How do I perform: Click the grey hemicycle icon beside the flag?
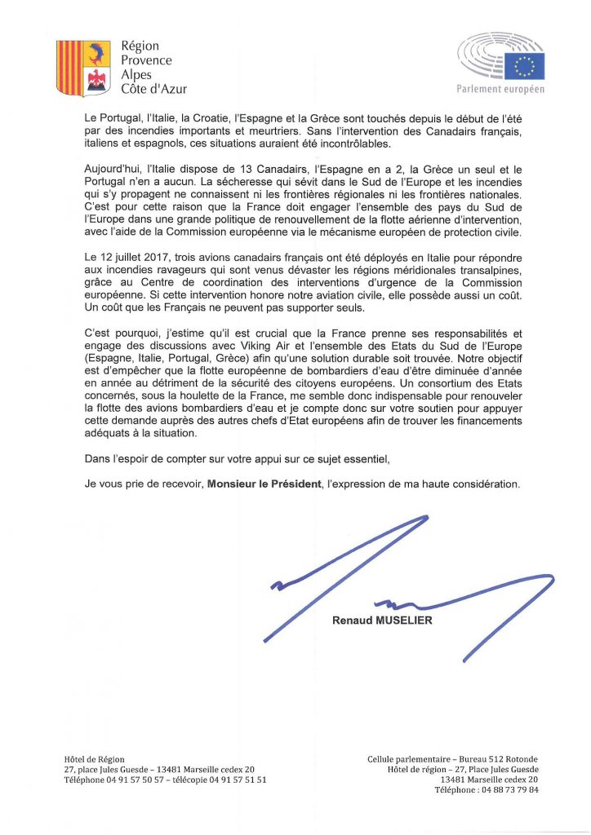click(x=480, y=57)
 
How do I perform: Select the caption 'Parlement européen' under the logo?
click(x=501, y=88)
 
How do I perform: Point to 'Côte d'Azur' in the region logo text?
click(x=154, y=89)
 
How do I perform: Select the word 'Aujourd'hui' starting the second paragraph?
click(x=114, y=168)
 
